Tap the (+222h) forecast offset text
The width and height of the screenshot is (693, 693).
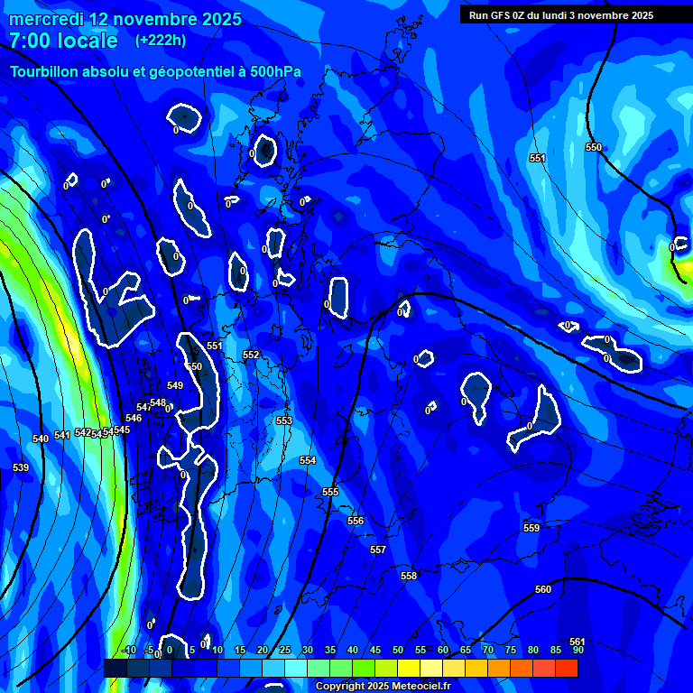pos(161,40)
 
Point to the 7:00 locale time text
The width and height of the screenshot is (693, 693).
pos(63,41)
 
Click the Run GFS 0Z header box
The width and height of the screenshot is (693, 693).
pos(561,14)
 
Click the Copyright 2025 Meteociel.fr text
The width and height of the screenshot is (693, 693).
pos(383,686)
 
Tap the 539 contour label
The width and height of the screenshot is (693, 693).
pos(21,467)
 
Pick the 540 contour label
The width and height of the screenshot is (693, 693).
pos(41,439)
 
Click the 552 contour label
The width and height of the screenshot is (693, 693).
pos(251,355)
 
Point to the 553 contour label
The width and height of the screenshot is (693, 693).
pos(284,420)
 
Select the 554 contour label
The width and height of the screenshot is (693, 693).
pos(308,460)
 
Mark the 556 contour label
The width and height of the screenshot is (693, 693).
pos(356,521)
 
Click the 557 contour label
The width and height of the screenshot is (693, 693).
pos(378,550)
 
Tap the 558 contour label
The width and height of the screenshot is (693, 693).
pos(409,576)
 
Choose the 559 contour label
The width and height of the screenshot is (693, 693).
pos(531,528)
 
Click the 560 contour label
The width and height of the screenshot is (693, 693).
pos(543,589)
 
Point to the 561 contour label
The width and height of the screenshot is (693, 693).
pos(577,642)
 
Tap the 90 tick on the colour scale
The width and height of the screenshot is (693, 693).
pos(577,650)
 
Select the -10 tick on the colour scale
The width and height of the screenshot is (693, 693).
pos(129,650)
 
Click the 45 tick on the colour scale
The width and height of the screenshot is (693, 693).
pos(375,650)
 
